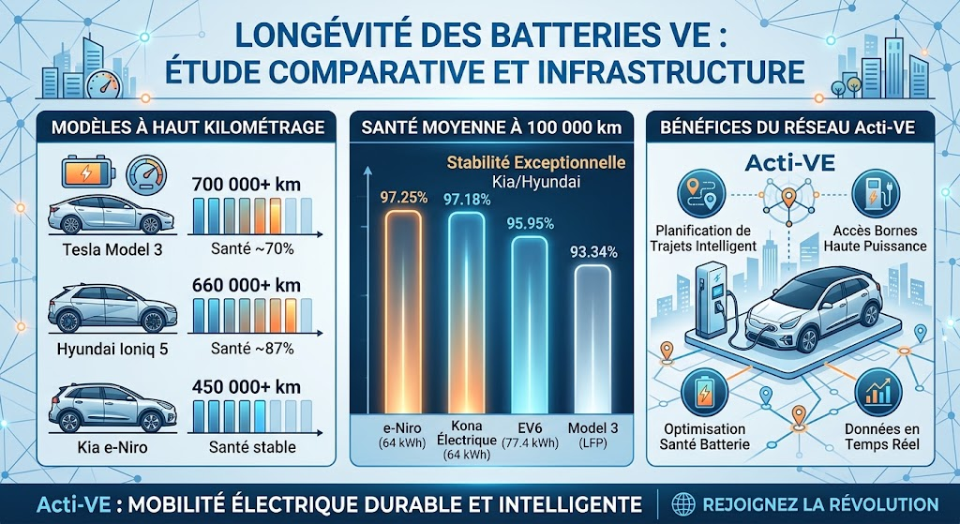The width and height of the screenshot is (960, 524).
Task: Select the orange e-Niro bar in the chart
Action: (x=403, y=312)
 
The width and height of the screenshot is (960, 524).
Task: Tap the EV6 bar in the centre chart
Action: (x=530, y=325)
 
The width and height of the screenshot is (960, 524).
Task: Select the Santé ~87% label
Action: (x=251, y=349)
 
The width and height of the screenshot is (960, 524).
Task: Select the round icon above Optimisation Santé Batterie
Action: (x=704, y=391)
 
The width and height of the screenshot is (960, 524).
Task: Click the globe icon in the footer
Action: (x=682, y=504)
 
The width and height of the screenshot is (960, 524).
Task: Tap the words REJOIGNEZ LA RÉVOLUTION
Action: (x=820, y=504)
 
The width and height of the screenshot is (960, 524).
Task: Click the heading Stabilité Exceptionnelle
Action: (x=535, y=163)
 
